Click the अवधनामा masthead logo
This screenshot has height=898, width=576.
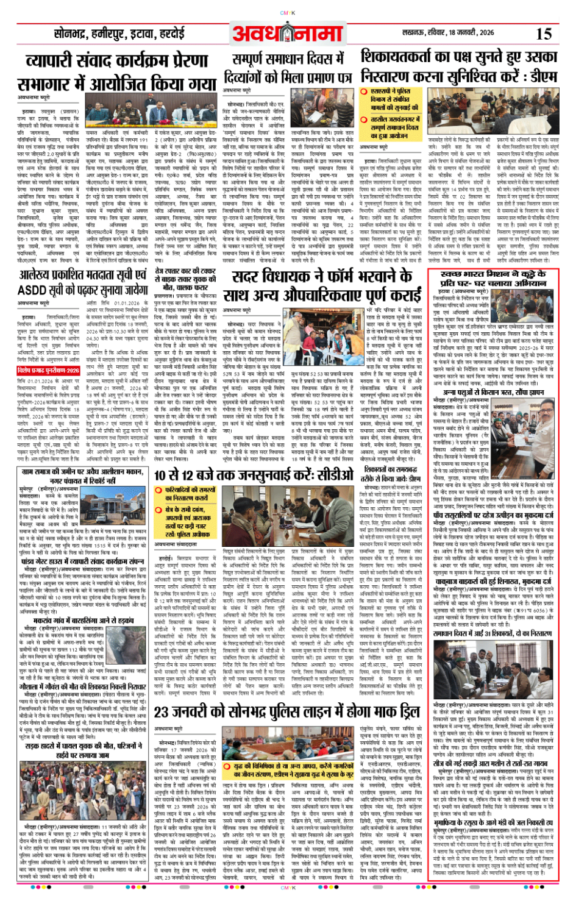(x=288, y=34)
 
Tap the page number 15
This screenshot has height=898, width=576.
(x=542, y=34)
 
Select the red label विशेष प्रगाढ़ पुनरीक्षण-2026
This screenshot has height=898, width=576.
(x=49, y=370)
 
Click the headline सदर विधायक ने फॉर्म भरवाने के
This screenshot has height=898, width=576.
(x=322, y=277)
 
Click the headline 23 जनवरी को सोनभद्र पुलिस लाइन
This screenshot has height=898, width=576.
(x=286, y=711)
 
